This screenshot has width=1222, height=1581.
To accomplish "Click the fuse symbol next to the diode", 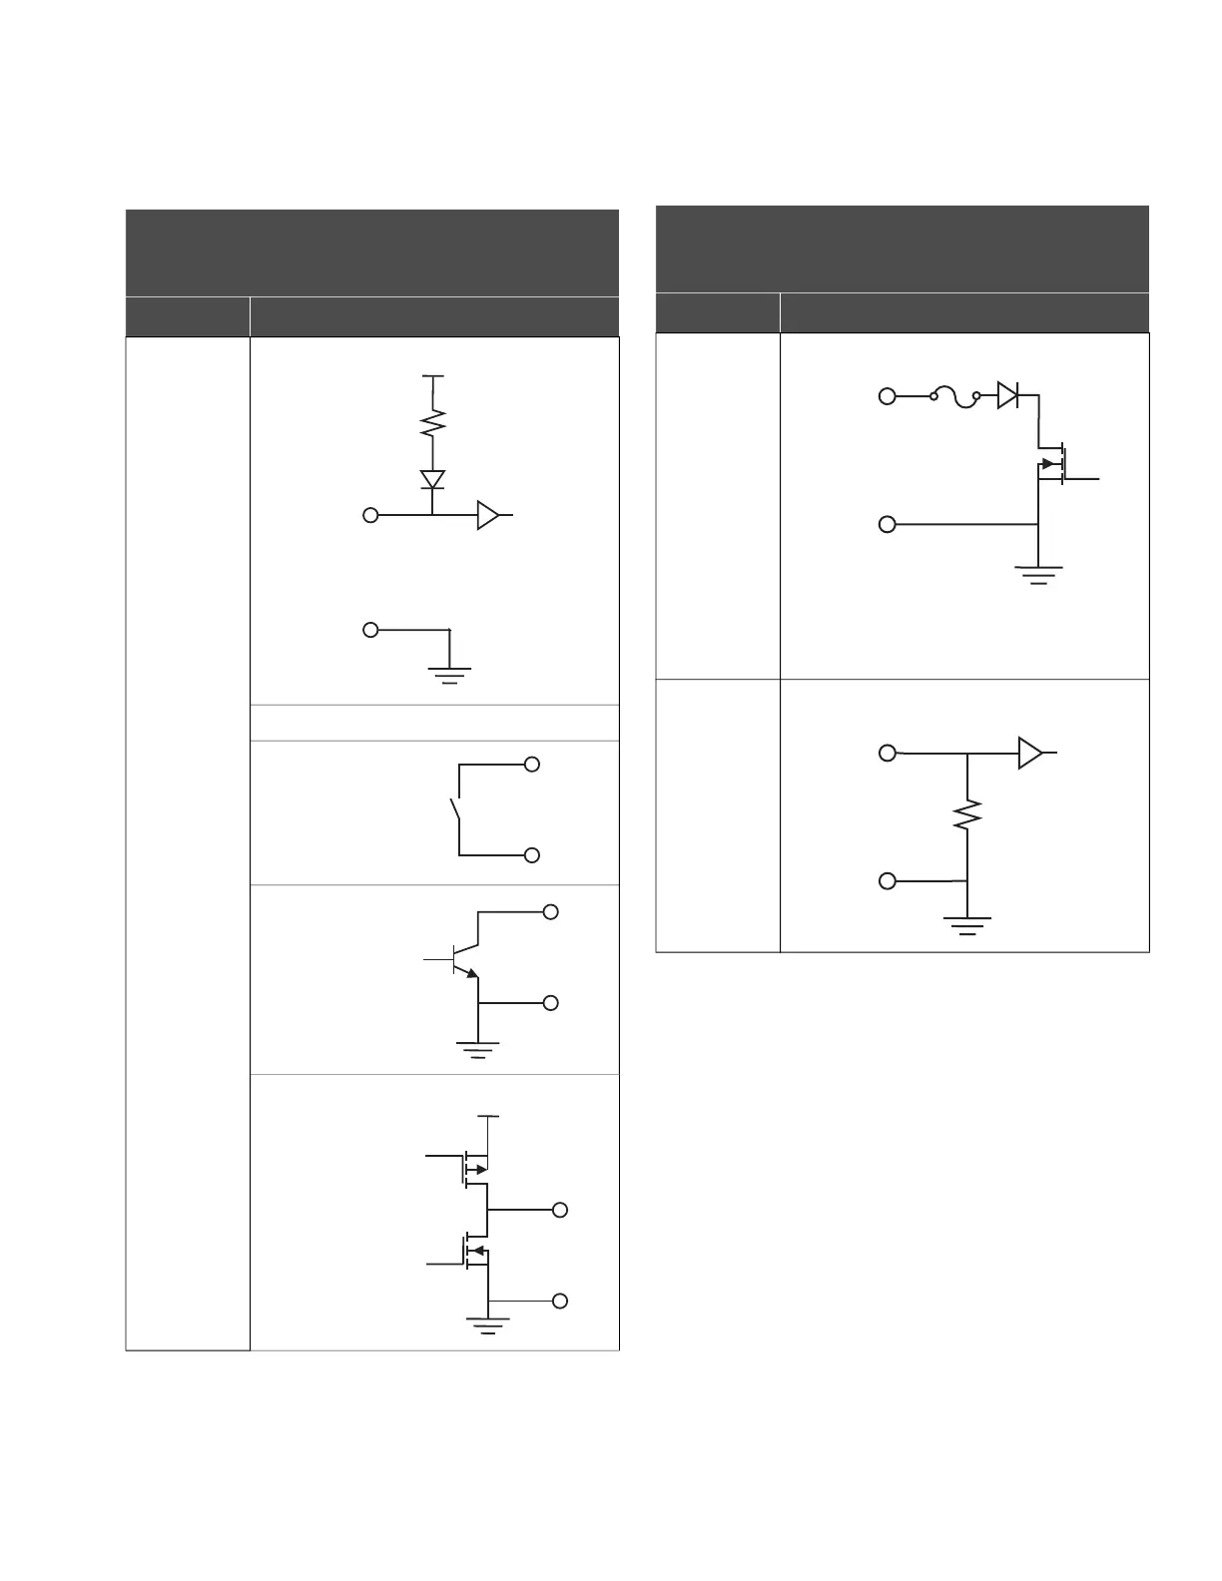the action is pyautogui.click(x=955, y=397).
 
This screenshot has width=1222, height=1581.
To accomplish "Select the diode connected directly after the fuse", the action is pyautogui.click(x=1008, y=396).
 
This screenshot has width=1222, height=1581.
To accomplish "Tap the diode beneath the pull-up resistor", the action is pyautogui.click(x=432, y=479).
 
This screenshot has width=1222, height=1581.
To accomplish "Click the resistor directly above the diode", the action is pyautogui.click(x=432, y=424).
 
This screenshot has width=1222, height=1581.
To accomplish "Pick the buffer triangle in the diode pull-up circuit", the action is pyautogui.click(x=487, y=515).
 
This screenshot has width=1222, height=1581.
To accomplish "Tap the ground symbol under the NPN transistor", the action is pyautogui.click(x=478, y=1048).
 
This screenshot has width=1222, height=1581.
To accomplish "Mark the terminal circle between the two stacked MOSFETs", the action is pyautogui.click(x=560, y=1210).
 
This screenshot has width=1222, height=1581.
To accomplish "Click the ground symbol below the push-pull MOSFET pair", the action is pyautogui.click(x=488, y=1324).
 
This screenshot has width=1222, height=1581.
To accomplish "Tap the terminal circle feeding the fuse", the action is pyautogui.click(x=887, y=397).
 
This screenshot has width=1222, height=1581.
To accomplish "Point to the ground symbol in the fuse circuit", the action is pyautogui.click(x=1038, y=574).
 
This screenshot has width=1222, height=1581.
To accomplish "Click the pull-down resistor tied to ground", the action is pyautogui.click(x=967, y=815).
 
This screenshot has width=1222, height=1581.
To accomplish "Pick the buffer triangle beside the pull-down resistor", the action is pyautogui.click(x=1029, y=753).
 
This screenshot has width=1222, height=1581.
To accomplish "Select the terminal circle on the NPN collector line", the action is pyautogui.click(x=550, y=911).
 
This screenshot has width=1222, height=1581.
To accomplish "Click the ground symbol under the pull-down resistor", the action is pyautogui.click(x=967, y=924).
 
